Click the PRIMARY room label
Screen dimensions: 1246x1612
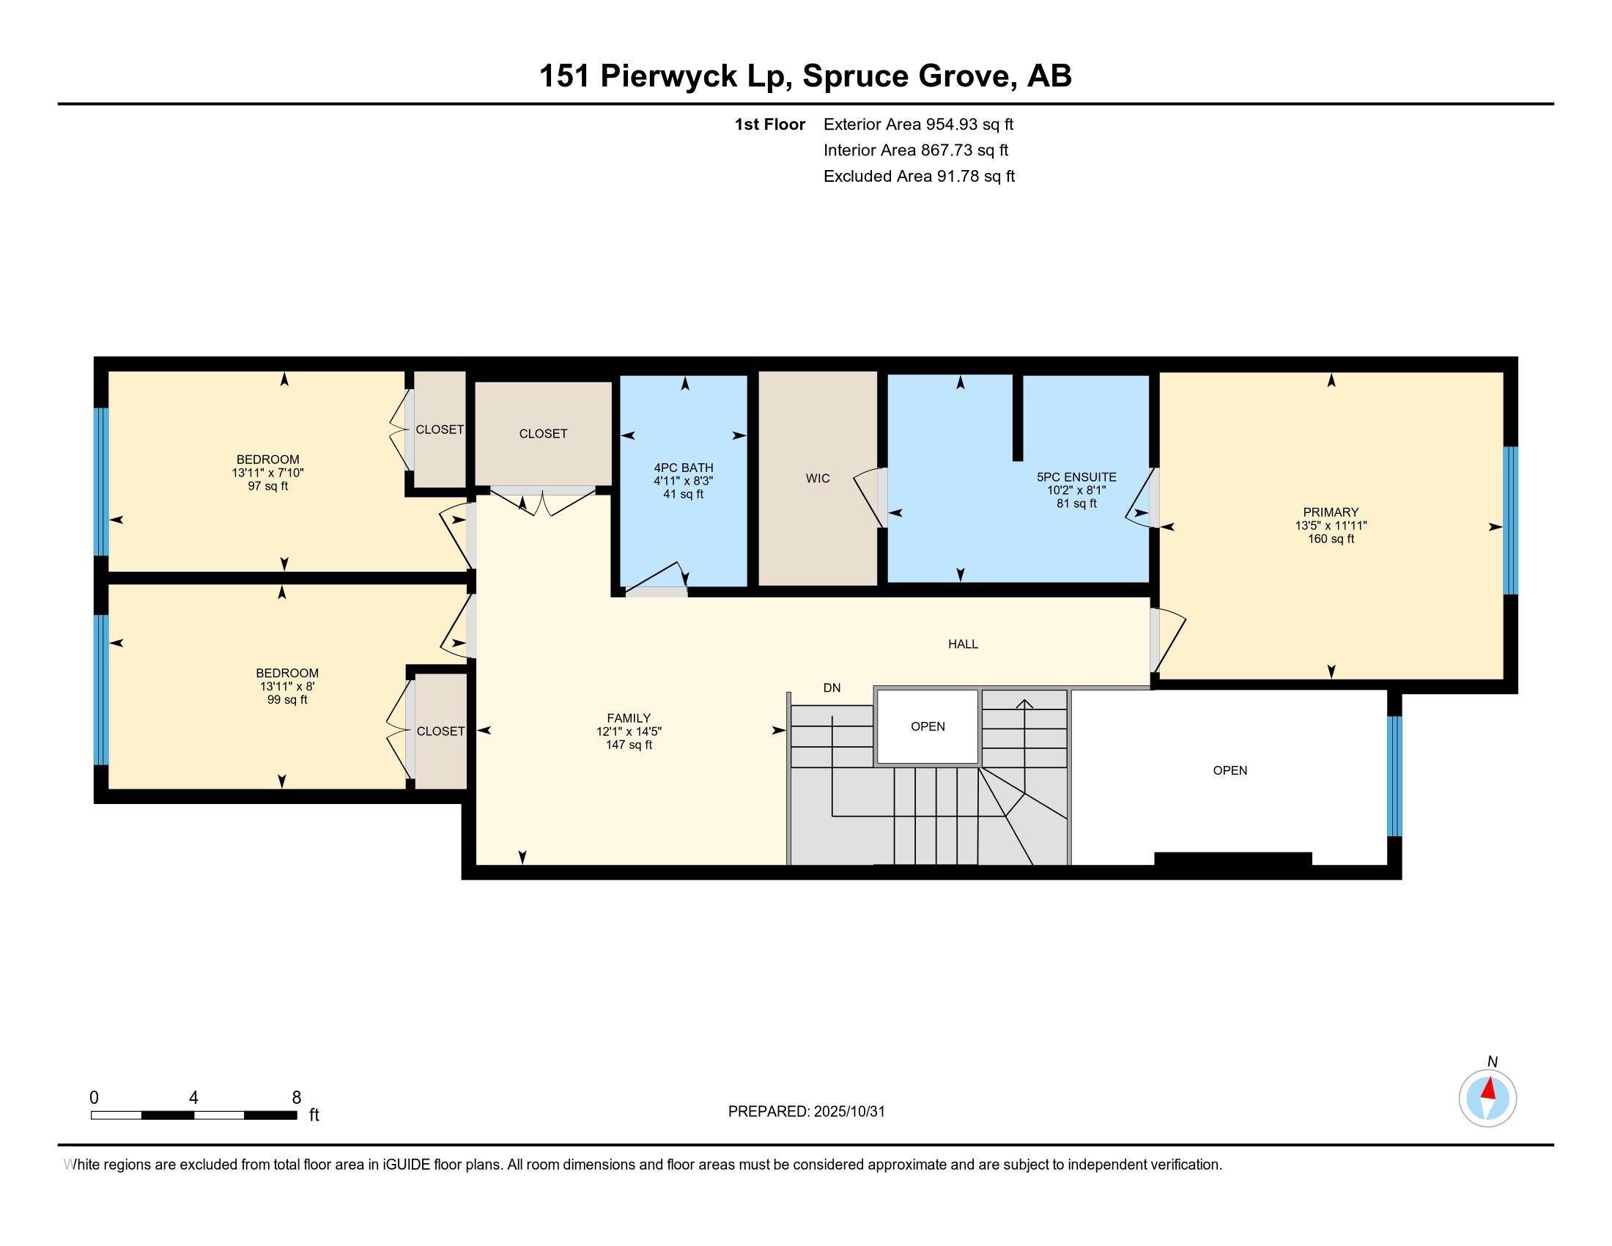(1330, 512)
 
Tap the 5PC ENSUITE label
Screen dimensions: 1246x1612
(1076, 478)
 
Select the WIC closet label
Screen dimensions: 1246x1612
(817, 479)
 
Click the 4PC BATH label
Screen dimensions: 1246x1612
(684, 468)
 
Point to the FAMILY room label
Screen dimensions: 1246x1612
(628, 718)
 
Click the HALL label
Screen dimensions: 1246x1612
(963, 644)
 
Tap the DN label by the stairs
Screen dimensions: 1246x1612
(832, 688)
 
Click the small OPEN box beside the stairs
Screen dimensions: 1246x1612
(927, 726)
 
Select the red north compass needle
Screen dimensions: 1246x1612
(1490, 1088)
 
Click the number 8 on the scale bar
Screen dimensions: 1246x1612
(296, 1098)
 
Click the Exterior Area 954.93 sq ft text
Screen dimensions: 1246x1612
(918, 125)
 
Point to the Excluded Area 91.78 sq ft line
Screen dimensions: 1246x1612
(918, 177)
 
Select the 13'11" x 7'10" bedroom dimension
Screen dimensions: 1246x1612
(267, 473)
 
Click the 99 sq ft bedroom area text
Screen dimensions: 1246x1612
(287, 700)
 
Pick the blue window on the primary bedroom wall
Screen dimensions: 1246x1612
(1510, 520)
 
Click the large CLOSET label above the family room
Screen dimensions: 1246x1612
(542, 434)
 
